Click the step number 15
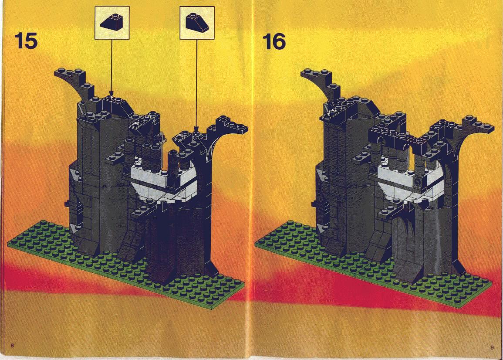click(x=26, y=41)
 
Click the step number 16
click(x=274, y=42)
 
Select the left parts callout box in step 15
click(x=112, y=23)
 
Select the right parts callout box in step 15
click(x=197, y=23)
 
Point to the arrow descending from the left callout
click(x=111, y=68)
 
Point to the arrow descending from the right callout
click(x=196, y=85)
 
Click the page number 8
click(x=12, y=346)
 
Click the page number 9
click(x=492, y=347)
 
